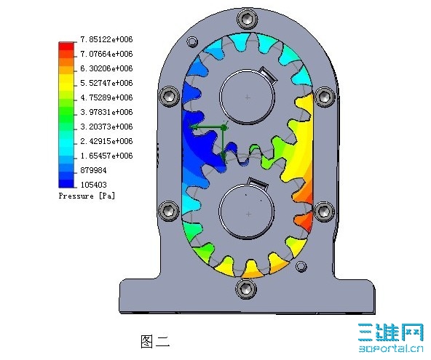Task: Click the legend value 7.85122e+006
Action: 106,39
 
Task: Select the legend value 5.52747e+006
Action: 106,83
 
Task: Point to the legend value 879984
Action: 93,170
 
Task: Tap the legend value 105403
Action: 93,185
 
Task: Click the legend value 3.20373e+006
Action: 106,127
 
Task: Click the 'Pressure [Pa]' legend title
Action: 87,196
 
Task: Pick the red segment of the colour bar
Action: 66,47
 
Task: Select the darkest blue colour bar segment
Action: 66,183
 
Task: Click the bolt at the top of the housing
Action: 248,19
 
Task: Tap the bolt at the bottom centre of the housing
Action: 246,288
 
